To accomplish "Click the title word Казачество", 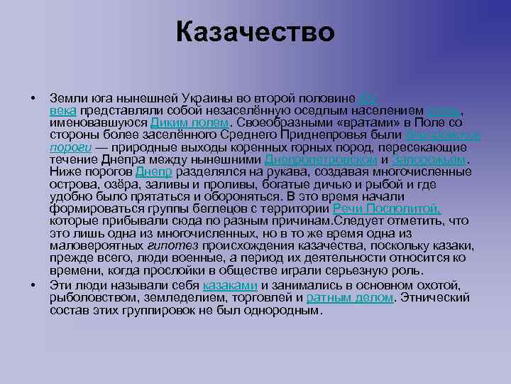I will coord(255,32).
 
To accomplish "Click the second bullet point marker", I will coord(33,286).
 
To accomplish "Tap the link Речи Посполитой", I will coord(387,209).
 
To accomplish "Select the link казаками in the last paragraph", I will coord(230,286).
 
